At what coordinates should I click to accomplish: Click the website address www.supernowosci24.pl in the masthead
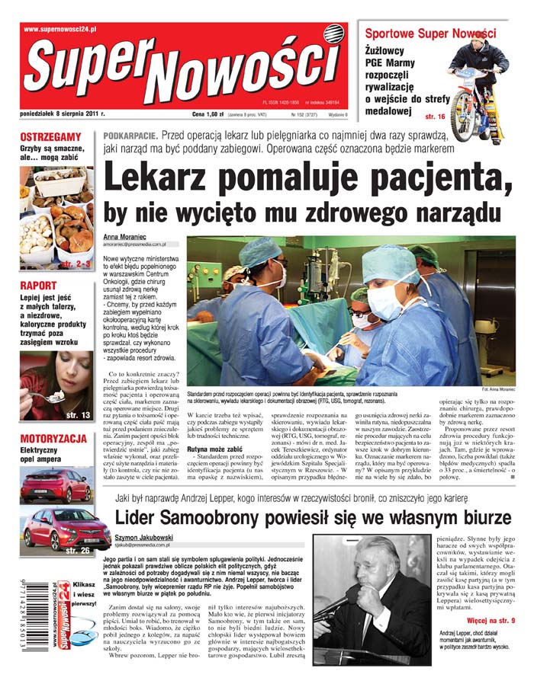(60, 29)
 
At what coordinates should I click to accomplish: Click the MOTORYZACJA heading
(53, 439)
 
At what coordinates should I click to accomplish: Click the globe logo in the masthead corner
(333, 34)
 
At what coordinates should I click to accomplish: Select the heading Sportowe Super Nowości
(430, 34)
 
